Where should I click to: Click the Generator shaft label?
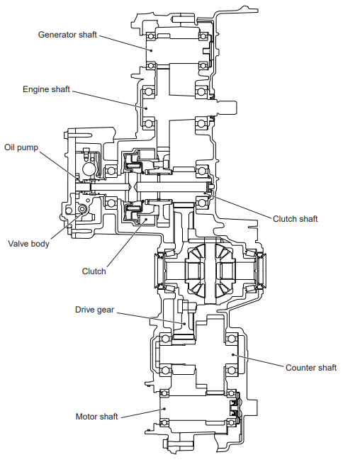(67, 35)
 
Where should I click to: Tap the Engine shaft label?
(46, 89)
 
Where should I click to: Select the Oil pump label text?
(21, 147)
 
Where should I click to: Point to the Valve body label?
(28, 244)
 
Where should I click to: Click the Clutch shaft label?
(296, 219)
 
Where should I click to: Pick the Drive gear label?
(94, 310)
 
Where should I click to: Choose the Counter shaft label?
(311, 368)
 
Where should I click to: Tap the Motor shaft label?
(96, 417)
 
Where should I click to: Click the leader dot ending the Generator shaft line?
(152, 50)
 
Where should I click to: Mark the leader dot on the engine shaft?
(145, 108)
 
